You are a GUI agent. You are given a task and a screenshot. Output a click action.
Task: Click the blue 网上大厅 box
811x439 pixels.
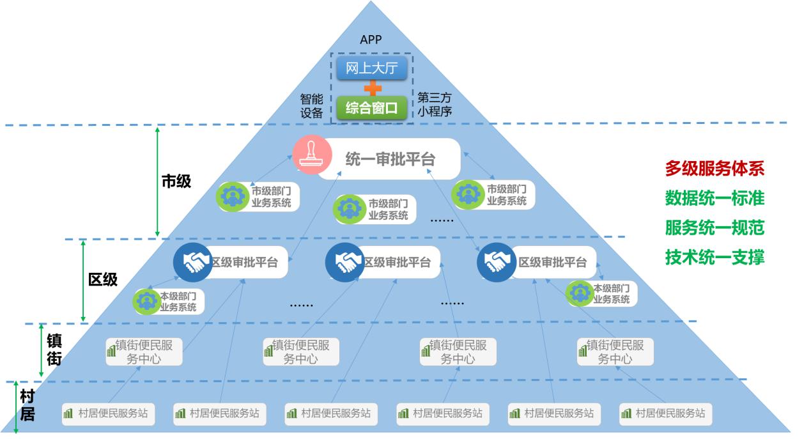click(371, 68)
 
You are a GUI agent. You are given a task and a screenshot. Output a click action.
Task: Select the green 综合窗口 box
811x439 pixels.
click(371, 108)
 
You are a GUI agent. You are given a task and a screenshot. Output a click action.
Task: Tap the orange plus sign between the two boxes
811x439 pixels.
click(371, 88)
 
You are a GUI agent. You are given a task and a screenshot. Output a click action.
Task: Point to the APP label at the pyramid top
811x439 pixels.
click(371, 40)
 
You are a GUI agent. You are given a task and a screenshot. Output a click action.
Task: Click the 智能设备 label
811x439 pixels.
click(312, 106)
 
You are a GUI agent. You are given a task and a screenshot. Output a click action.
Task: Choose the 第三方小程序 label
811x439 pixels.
click(435, 104)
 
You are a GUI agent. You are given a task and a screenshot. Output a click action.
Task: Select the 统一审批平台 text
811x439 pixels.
click(390, 159)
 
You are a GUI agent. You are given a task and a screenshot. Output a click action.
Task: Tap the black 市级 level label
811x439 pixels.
click(176, 181)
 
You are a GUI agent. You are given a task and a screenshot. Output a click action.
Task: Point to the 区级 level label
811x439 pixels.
click(103, 279)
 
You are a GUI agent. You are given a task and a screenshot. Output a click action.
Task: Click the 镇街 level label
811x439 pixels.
click(54, 349)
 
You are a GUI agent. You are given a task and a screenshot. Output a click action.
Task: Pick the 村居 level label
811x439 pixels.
click(27, 404)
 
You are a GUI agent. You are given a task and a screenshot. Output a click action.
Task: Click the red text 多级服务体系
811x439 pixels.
click(714, 169)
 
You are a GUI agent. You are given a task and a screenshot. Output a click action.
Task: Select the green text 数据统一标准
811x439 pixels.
click(714, 198)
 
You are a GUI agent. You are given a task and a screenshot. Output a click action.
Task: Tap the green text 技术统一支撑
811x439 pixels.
click(714, 257)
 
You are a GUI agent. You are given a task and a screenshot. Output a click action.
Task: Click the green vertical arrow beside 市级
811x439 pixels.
click(158, 181)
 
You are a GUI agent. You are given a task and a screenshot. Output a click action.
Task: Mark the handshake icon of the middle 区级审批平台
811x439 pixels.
click(344, 262)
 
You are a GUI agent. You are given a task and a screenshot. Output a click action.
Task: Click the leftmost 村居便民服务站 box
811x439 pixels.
click(106, 413)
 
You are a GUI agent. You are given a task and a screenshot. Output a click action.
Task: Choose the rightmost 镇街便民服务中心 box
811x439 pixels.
click(615, 352)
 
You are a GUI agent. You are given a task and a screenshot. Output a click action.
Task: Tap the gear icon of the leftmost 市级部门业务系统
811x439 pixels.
click(233, 197)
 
